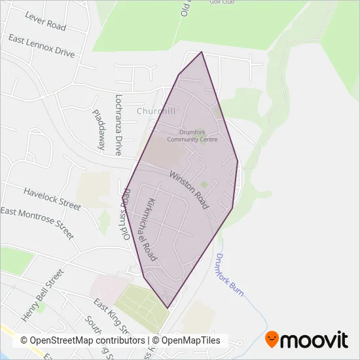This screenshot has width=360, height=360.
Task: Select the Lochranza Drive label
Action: [x=118, y=125]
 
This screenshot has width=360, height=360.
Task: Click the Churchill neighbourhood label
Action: [x=157, y=111]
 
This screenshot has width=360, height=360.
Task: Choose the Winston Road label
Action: [x=189, y=190]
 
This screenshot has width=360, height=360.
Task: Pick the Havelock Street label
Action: [x=52, y=198]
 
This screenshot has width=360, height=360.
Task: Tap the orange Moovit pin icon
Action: [x=272, y=340]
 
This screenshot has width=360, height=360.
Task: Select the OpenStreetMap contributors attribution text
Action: [x=82, y=340]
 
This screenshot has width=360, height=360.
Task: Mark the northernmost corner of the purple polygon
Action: [x=202, y=52]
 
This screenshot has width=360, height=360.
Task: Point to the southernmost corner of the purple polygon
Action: [x=168, y=308]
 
